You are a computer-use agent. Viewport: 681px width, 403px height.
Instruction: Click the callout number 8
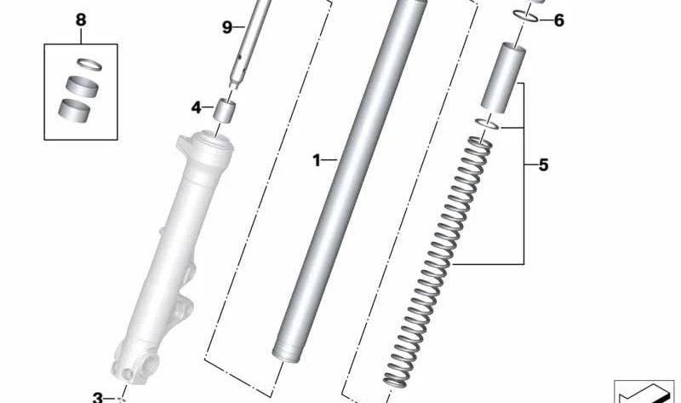coord(81,19)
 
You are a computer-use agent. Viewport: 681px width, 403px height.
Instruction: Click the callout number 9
coord(227,27)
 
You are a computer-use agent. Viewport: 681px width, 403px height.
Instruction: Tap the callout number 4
coord(196,108)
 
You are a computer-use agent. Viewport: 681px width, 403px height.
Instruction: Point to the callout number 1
coord(316,159)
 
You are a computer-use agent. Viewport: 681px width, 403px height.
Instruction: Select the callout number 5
coord(543,165)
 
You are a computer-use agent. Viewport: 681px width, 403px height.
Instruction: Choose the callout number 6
coord(558,20)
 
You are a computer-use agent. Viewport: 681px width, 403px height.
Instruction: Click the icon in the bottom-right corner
coord(644,391)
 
